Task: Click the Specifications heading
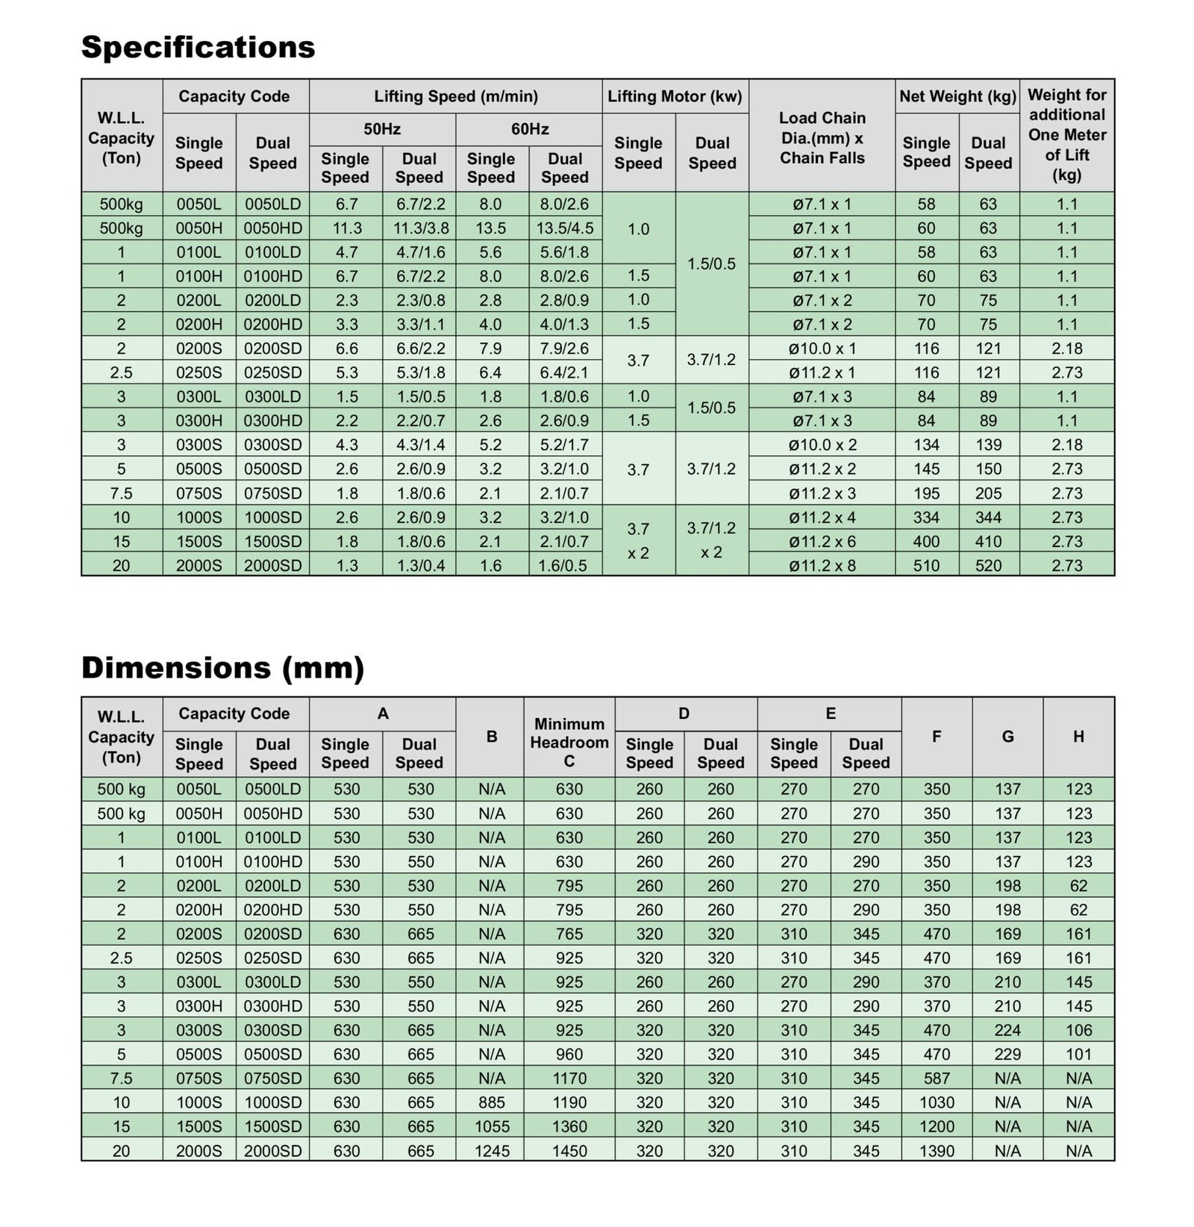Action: (198, 47)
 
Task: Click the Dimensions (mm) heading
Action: (222, 667)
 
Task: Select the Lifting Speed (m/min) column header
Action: (455, 96)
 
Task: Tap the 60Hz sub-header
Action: (529, 129)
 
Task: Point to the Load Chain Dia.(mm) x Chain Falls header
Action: (822, 138)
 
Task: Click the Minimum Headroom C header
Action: (569, 743)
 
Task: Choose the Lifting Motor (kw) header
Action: (675, 96)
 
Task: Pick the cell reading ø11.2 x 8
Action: (822, 566)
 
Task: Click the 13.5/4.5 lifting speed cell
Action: (565, 228)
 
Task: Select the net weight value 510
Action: (926, 566)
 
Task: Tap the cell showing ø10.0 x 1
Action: (822, 349)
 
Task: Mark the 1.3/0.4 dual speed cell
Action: (420, 566)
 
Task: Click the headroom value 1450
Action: (569, 1151)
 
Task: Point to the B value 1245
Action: (491, 1151)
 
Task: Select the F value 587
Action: (936, 1078)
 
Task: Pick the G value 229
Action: (1007, 1055)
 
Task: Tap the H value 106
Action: (1078, 1030)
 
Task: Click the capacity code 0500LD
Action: (272, 789)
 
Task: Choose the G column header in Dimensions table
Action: (1007, 737)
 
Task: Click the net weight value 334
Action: (926, 517)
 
